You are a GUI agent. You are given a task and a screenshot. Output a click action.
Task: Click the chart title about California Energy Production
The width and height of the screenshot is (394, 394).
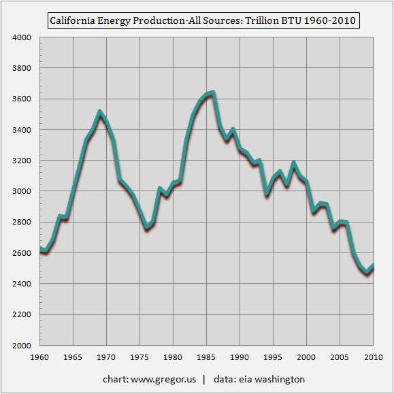click(203, 21)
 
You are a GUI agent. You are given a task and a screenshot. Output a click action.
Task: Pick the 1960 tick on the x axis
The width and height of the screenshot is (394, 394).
click(40, 357)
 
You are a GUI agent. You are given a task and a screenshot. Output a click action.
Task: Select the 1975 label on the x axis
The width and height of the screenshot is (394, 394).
click(140, 357)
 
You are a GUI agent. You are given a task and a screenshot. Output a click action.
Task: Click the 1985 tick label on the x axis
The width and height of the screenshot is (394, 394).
click(207, 357)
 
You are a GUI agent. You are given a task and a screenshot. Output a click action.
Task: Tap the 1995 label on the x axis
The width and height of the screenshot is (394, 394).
click(274, 357)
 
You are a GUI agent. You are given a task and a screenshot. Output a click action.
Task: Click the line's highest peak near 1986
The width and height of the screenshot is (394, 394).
click(213, 93)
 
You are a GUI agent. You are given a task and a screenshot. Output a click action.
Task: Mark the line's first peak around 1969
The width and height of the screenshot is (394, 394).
click(100, 112)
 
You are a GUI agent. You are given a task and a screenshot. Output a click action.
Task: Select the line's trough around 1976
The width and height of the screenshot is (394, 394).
click(147, 227)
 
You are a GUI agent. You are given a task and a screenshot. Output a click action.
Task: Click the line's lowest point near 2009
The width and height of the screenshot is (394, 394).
click(367, 272)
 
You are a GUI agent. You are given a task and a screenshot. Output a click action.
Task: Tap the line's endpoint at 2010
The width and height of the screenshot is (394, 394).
click(374, 265)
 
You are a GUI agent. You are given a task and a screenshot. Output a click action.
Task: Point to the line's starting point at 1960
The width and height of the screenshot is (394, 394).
click(40, 249)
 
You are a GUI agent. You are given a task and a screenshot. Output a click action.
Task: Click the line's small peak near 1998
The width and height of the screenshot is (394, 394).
click(293, 163)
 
